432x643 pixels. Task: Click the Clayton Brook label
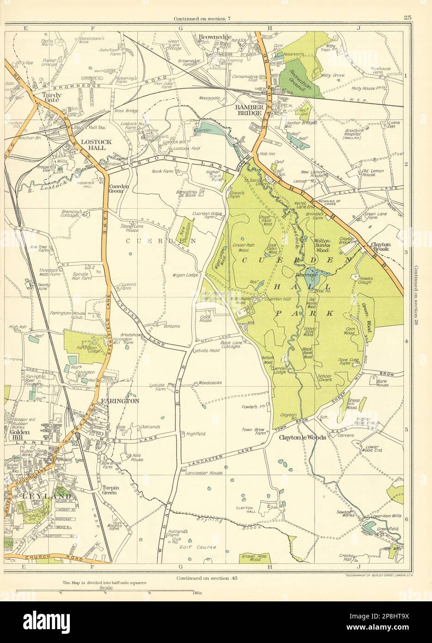[x=380, y=247]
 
